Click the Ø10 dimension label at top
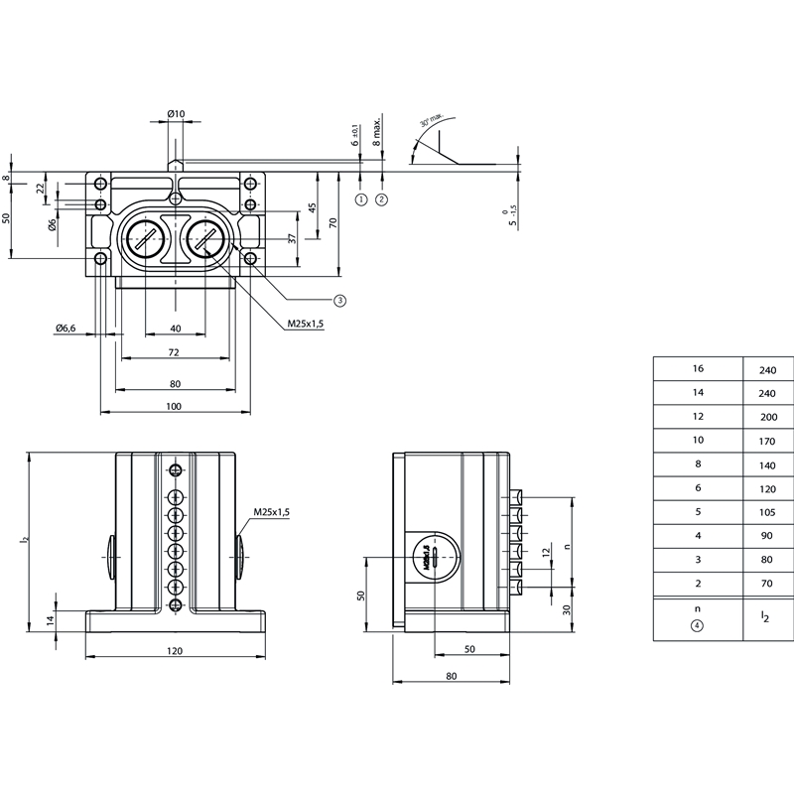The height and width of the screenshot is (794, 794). pyautogui.click(x=175, y=114)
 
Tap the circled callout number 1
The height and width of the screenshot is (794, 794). pyautogui.click(x=360, y=198)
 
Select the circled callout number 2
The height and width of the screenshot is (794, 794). pyautogui.click(x=382, y=198)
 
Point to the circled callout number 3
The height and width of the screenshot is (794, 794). pyautogui.click(x=339, y=299)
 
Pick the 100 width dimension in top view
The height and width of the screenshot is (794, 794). pyautogui.click(x=175, y=406)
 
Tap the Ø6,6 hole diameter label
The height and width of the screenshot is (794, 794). pyautogui.click(x=66, y=328)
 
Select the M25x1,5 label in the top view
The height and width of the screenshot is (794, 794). pyautogui.click(x=306, y=324)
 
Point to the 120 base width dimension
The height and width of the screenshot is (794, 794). pyautogui.click(x=175, y=651)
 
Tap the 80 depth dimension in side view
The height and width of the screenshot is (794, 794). pyautogui.click(x=452, y=677)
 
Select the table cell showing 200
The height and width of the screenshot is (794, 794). pyautogui.click(x=767, y=417)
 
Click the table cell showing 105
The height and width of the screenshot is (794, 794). pyautogui.click(x=767, y=512)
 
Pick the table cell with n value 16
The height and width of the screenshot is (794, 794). pyautogui.click(x=698, y=368)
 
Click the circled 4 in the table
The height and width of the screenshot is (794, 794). pyautogui.click(x=698, y=626)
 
